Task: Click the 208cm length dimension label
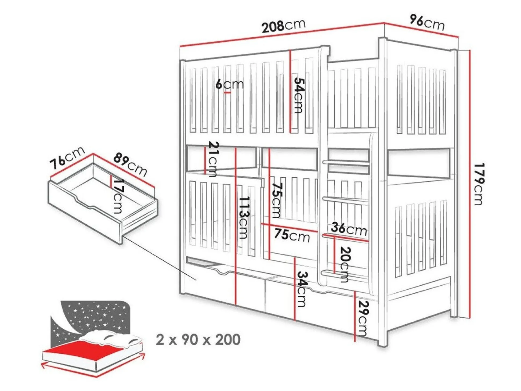pyautogui.click(x=284, y=26)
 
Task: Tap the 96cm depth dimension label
pyautogui.click(x=427, y=23)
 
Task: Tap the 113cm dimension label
pyautogui.click(x=244, y=218)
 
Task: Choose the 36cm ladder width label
pyautogui.click(x=349, y=229)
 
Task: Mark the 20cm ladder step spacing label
pyautogui.click(x=345, y=265)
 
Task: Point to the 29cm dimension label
pyautogui.click(x=362, y=318)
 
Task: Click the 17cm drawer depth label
pyautogui.click(x=118, y=196)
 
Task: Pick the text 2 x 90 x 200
pyautogui.click(x=198, y=340)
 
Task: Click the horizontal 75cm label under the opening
pyautogui.click(x=292, y=235)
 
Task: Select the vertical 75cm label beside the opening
pyautogui.click(x=277, y=200)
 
